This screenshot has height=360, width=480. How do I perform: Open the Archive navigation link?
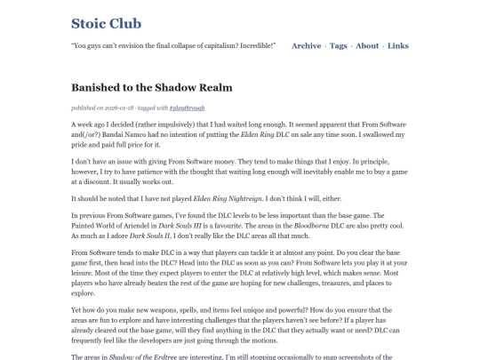click(x=306, y=45)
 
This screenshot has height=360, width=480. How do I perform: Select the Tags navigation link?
click(x=339, y=45)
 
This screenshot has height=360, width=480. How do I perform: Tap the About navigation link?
click(x=367, y=45)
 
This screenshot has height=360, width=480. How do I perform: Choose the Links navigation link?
click(x=398, y=45)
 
